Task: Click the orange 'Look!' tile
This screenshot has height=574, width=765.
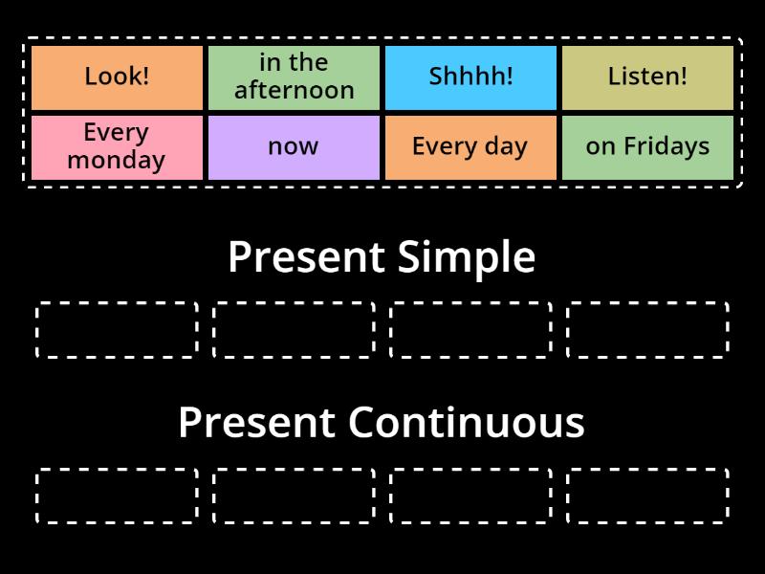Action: pyautogui.click(x=117, y=77)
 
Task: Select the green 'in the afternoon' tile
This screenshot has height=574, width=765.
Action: pyautogui.click(x=294, y=77)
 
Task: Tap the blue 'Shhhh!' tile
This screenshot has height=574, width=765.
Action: pyautogui.click(x=470, y=77)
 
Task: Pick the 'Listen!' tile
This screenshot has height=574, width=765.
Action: pyautogui.click(x=647, y=77)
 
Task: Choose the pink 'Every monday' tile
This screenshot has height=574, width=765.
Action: pyautogui.click(x=117, y=147)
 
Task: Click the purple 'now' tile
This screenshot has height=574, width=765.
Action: pyautogui.click(x=294, y=147)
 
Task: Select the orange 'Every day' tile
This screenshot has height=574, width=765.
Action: pyautogui.click(x=470, y=147)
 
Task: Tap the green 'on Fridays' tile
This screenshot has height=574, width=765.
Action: pyautogui.click(x=647, y=147)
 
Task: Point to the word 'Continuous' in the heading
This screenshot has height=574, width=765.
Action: pyautogui.click(x=466, y=423)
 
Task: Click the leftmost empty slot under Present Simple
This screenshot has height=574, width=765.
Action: pyautogui.click(x=117, y=330)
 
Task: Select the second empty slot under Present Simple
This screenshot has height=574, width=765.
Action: pyautogui.click(x=294, y=330)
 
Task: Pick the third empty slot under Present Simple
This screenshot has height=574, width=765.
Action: pyautogui.click(x=470, y=330)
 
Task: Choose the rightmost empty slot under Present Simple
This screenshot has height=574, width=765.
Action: pyautogui.click(x=647, y=330)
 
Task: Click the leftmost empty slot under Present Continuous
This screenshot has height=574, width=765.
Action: pyautogui.click(x=117, y=496)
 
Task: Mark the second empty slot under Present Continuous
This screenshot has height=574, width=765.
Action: pyautogui.click(x=294, y=496)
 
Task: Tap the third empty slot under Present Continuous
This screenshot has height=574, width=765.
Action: pyautogui.click(x=470, y=496)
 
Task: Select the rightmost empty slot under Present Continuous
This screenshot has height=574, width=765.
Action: pyautogui.click(x=647, y=496)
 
